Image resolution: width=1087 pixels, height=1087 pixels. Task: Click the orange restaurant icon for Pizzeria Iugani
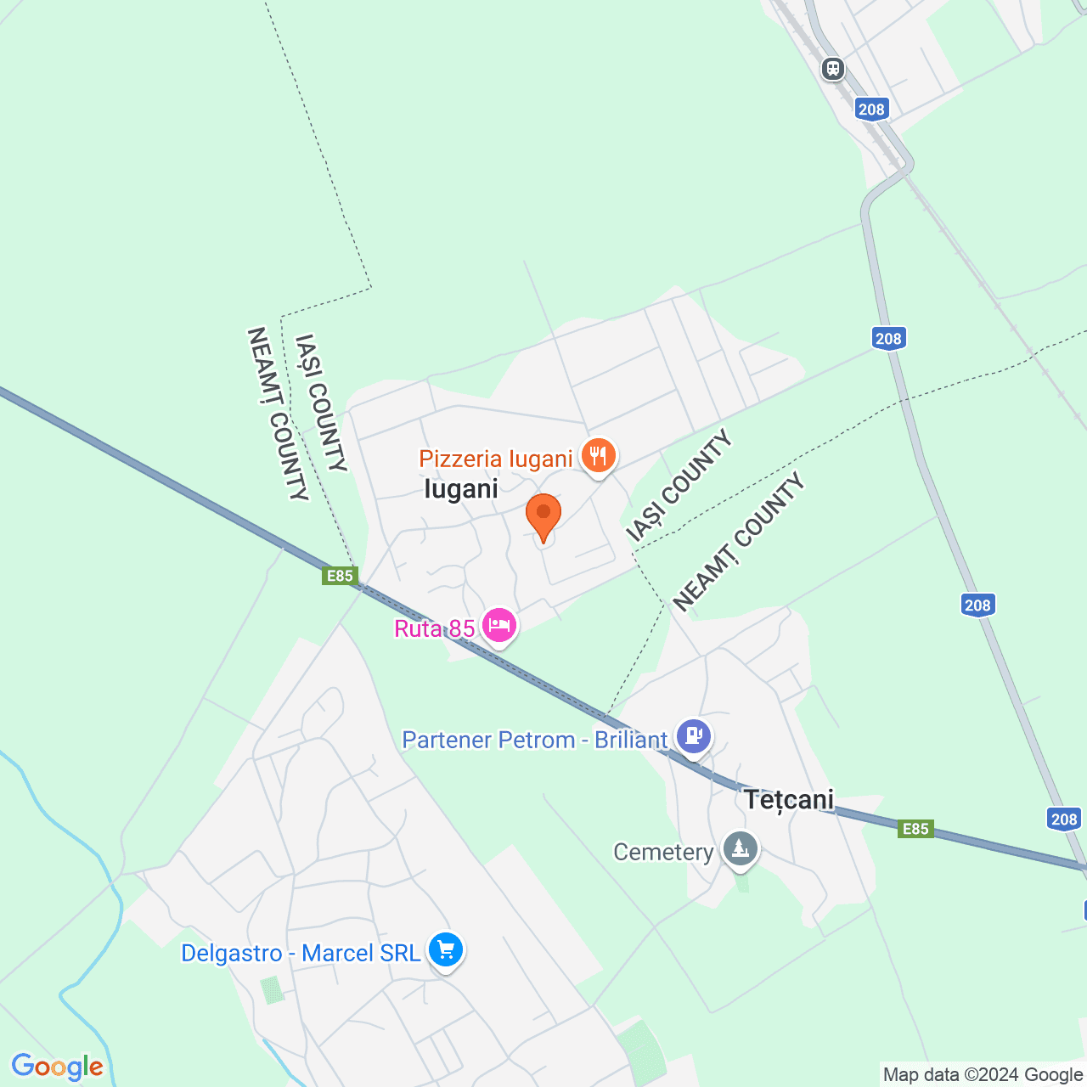(599, 456)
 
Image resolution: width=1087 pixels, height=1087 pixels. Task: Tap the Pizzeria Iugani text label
(496, 459)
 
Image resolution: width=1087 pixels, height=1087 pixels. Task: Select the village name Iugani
(461, 489)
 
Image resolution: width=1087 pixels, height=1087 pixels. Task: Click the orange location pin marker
(543, 515)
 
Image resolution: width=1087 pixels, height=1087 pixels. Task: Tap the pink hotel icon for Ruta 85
(498, 626)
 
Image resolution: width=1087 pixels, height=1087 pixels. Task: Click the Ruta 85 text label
(435, 628)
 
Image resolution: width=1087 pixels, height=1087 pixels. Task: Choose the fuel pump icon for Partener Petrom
(694, 735)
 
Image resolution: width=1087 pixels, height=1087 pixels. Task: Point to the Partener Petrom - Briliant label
(535, 740)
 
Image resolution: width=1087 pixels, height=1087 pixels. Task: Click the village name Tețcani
(789, 800)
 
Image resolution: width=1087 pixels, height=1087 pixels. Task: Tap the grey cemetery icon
(741, 848)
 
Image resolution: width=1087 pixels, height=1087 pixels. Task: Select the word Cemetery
(663, 852)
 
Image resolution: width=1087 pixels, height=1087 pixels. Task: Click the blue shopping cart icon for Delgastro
(446, 949)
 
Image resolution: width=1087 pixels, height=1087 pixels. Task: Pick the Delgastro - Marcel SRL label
(301, 953)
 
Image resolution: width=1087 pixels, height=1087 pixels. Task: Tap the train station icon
(833, 68)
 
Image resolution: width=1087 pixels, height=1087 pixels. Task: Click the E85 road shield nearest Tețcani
(915, 829)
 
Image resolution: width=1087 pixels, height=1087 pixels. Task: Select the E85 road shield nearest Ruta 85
(340, 576)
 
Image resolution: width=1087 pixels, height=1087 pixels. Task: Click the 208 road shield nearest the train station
(871, 109)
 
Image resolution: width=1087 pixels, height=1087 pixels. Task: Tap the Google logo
(57, 1067)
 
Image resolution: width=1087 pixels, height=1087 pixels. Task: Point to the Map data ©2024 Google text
(983, 1075)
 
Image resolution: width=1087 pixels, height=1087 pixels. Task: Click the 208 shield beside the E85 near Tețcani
(1064, 819)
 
